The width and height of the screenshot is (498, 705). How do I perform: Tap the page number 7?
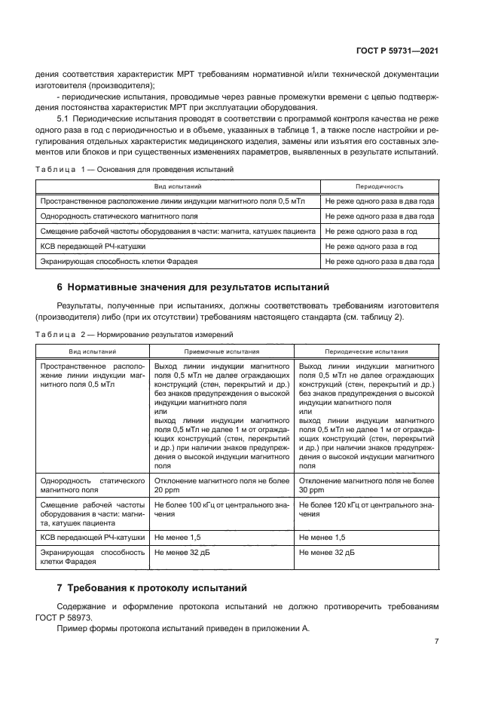tap(436, 641)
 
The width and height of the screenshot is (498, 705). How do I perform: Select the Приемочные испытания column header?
tap(222, 351)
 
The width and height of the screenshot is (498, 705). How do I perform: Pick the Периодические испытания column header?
tap(366, 351)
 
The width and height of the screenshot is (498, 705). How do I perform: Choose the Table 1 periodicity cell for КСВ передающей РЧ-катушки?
tap(371, 247)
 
